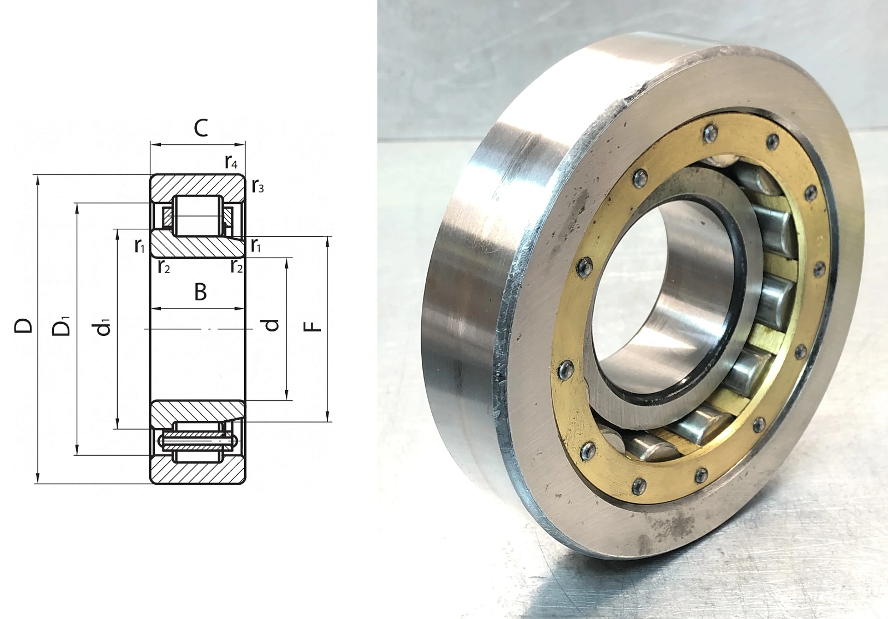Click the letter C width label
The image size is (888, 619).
click(x=200, y=128)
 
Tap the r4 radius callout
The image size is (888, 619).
click(x=231, y=162)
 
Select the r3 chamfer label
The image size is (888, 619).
click(x=258, y=186)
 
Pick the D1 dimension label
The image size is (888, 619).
click(x=62, y=326)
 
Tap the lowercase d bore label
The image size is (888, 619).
click(x=271, y=325)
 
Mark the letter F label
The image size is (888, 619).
click(x=312, y=326)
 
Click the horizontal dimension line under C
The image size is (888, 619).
click(x=198, y=145)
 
